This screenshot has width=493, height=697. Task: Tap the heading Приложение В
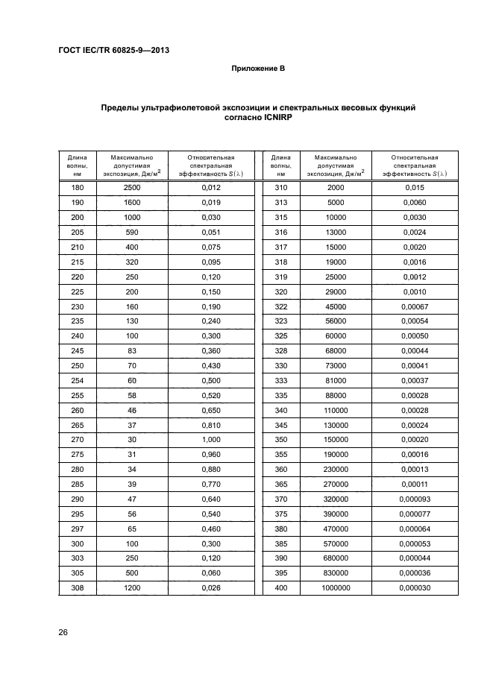point(258,69)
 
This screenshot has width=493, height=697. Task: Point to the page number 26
point(63,632)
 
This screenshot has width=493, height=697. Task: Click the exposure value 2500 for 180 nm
point(132,188)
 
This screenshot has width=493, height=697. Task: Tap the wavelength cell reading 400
point(280,587)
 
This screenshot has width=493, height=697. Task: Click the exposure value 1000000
point(336,587)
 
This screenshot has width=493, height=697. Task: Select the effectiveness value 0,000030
point(414,587)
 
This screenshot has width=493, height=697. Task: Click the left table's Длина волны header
point(77,165)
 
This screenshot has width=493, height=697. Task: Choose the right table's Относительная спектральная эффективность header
point(414,165)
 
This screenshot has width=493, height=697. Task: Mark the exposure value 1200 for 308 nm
point(132,587)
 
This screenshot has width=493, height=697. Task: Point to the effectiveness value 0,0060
point(414,202)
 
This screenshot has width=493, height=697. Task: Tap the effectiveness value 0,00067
point(414,307)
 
